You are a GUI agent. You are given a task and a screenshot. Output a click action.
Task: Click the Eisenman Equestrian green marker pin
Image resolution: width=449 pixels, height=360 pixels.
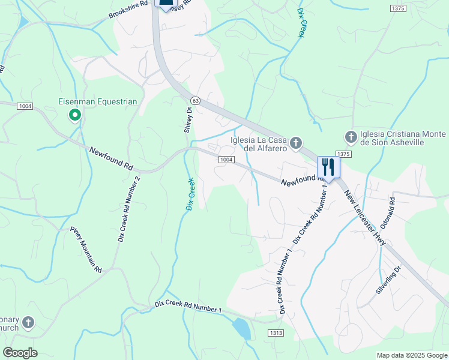coord(75,114)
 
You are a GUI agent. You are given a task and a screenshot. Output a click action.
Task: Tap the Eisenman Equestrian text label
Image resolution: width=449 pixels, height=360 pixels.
coord(97,101)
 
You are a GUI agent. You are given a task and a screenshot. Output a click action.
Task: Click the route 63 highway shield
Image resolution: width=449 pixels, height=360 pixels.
coord(196,100)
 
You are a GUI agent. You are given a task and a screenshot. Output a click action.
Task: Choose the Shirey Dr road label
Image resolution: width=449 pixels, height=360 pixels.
coord(188,119)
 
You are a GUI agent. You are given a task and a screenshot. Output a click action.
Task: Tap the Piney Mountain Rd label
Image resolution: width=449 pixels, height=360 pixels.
coord(86,250)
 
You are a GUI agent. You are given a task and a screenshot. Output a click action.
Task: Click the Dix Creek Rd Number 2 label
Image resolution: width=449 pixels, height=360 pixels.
coord(129,209)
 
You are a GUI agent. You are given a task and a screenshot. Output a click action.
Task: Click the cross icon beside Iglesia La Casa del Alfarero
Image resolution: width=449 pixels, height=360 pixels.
coord(295,143)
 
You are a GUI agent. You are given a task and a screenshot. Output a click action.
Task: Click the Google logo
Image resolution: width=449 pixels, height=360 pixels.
coord(20,353)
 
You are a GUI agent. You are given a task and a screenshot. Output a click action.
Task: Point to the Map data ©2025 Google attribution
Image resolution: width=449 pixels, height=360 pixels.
coord(412,355)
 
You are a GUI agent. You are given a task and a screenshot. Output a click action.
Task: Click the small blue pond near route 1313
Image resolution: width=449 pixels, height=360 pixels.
coord(241,328)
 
